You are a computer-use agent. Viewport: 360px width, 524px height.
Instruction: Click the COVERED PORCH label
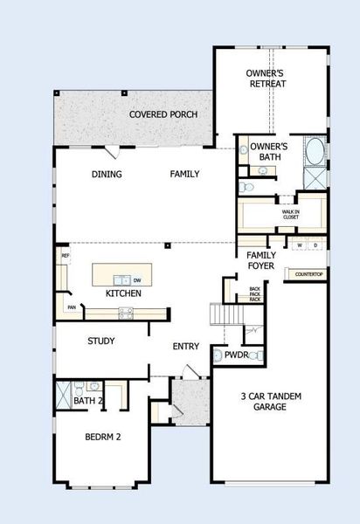(x=163, y=114)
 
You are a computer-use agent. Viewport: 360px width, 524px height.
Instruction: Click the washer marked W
(x=300, y=246)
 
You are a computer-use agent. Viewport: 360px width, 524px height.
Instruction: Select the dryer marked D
(x=315, y=246)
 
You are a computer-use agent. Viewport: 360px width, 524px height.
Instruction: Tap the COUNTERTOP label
(x=309, y=275)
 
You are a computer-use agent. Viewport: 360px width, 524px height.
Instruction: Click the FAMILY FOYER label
(x=262, y=259)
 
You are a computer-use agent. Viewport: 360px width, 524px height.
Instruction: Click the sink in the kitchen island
(x=123, y=279)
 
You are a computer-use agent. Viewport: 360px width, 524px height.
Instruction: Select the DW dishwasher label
(x=137, y=279)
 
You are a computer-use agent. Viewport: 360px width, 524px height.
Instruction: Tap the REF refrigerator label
(x=65, y=256)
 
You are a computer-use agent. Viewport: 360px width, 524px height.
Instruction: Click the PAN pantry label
(x=70, y=307)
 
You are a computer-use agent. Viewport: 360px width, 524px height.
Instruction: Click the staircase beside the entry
(x=223, y=314)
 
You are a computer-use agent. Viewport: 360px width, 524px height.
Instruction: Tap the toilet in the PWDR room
(x=218, y=356)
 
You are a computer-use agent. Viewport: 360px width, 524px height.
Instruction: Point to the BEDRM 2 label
(x=102, y=437)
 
